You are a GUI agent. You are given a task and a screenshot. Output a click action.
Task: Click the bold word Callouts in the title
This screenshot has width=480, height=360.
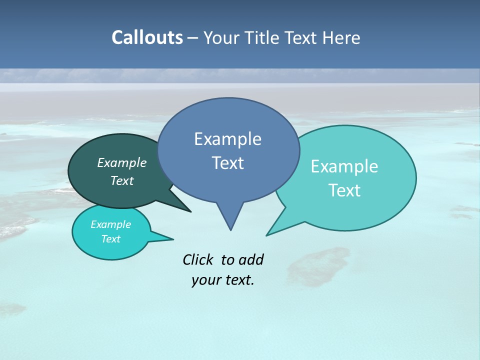(x=147, y=37)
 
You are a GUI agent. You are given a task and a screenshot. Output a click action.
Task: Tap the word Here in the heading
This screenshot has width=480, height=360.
(x=341, y=38)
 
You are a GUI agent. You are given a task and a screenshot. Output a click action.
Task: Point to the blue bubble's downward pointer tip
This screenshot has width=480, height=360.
(x=230, y=229)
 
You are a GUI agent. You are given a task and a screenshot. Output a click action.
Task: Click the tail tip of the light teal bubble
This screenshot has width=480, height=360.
(x=267, y=235)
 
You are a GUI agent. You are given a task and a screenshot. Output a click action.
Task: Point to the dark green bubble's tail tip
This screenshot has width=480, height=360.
(x=190, y=211)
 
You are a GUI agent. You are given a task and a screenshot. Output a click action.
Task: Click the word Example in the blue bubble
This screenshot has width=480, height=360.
(x=227, y=139)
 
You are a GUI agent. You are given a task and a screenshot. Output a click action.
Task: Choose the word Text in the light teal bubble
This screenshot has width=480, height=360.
(x=344, y=190)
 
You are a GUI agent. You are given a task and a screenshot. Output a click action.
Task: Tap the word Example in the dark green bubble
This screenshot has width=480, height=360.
(x=122, y=163)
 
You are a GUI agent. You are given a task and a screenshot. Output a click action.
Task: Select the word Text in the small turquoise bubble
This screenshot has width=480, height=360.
(x=111, y=239)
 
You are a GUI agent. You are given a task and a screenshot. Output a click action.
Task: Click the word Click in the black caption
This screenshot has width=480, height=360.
(x=198, y=259)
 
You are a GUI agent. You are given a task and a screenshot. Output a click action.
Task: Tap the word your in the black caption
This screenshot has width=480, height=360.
(x=204, y=280)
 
